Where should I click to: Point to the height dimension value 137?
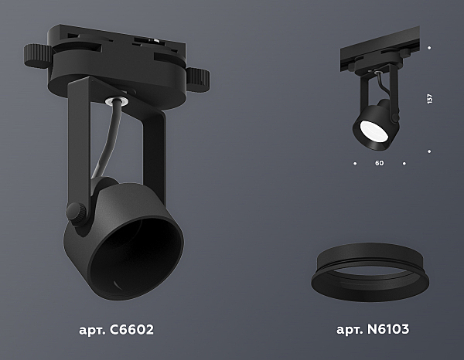point(429,99)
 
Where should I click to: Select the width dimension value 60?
point(379,163)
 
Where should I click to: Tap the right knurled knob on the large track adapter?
point(198,80)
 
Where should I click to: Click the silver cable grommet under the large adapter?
point(117,100)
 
